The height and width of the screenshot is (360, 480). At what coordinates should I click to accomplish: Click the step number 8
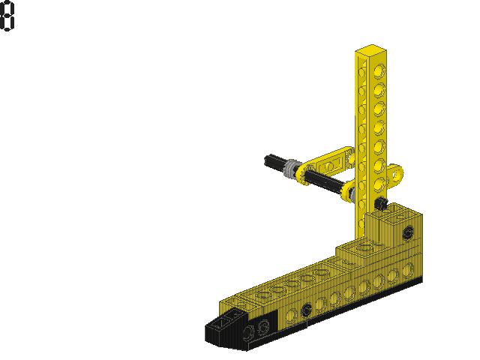(x=7, y=16)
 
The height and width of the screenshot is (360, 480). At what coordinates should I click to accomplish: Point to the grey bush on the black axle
(x=290, y=169)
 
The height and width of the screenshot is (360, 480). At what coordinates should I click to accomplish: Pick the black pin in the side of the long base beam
(x=306, y=310)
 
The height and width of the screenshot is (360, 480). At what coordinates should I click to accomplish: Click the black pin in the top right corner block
(x=407, y=232)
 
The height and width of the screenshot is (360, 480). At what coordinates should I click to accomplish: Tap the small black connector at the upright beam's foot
(x=382, y=202)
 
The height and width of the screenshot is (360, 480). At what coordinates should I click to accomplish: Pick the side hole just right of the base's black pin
(x=321, y=303)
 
